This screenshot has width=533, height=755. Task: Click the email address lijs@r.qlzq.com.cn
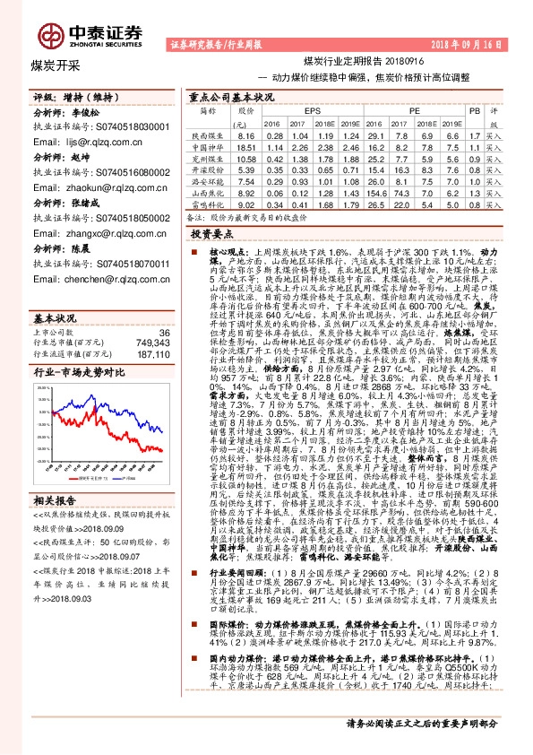click(93, 141)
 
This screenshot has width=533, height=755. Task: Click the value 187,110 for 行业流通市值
click(152, 329)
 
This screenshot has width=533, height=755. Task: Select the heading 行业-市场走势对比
click(78, 346)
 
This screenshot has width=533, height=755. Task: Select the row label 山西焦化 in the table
click(208, 192)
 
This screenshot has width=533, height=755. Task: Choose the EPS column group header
click(313, 109)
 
